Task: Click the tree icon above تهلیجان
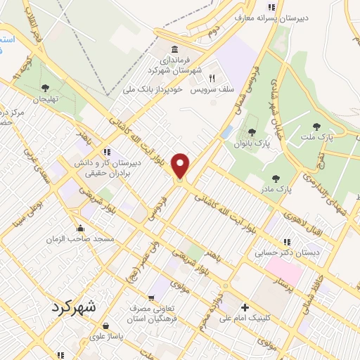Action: pos(46,88)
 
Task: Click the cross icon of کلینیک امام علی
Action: pos(245,307)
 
